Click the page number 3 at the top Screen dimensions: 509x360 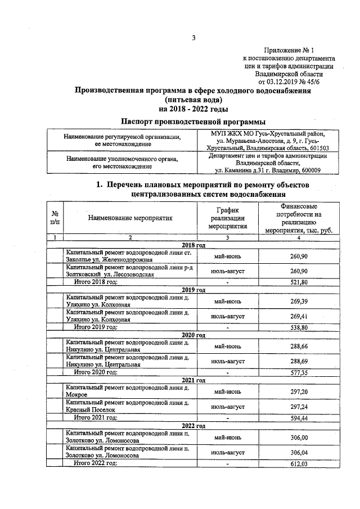(x=193, y=38)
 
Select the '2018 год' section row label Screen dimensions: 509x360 (x=193, y=245)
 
